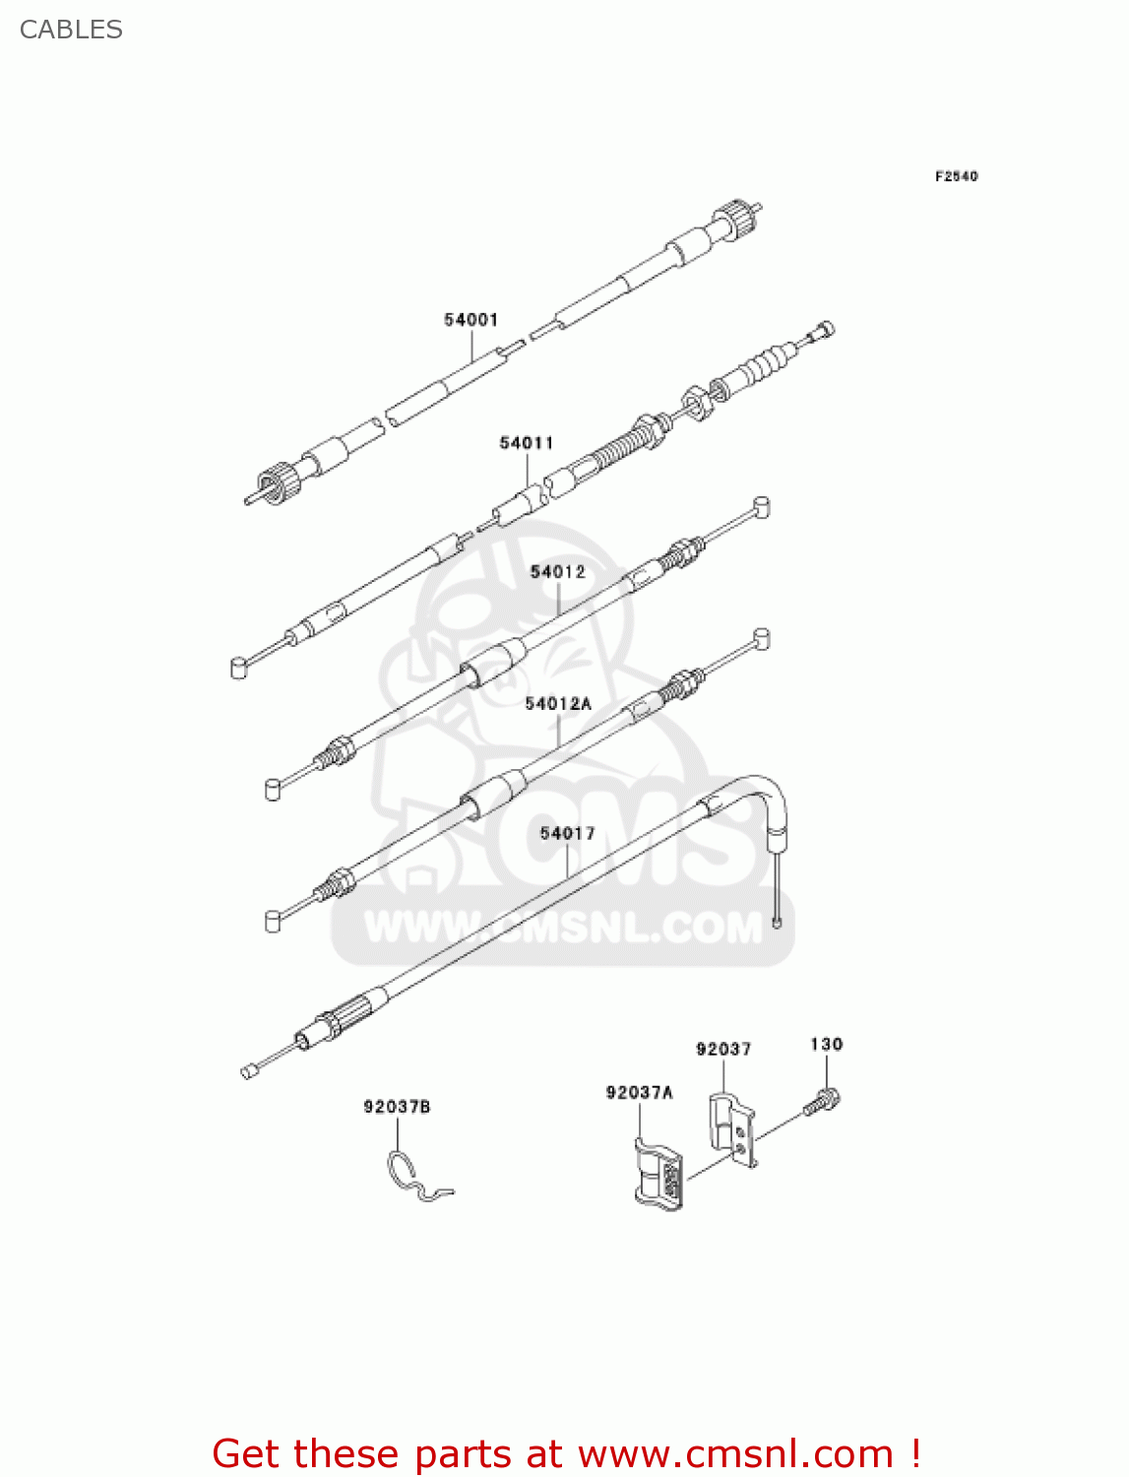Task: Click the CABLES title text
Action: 71,30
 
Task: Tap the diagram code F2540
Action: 956,176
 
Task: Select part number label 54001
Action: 470,320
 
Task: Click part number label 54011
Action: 527,443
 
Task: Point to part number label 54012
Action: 557,571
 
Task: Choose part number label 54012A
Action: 558,703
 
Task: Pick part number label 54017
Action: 567,833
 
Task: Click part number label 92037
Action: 723,1049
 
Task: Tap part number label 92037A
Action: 639,1092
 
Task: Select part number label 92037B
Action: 397,1107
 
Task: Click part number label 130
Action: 826,1044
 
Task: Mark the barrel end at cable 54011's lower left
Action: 238,669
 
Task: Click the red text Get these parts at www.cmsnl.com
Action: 566,1453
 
